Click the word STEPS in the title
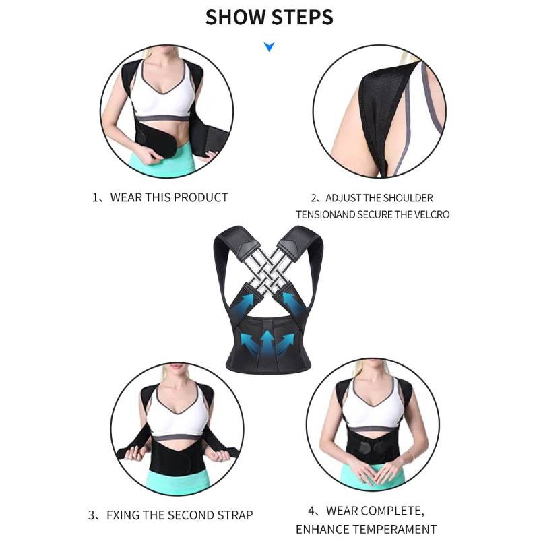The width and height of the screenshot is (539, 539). point(303,18)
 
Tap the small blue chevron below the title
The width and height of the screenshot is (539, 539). point(269,46)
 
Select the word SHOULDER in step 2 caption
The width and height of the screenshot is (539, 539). point(408,198)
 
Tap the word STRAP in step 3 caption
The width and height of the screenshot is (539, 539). point(234,515)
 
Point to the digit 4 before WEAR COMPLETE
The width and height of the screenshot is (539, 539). point(311,511)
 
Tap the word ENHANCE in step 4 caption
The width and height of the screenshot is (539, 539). point(313,529)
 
